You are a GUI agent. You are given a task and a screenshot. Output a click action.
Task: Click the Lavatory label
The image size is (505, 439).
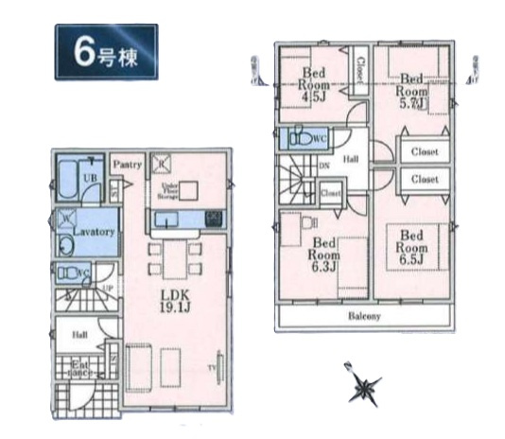94,232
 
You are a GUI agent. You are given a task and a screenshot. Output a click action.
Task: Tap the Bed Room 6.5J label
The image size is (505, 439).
410,245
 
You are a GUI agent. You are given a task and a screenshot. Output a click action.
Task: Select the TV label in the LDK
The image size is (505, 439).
213,367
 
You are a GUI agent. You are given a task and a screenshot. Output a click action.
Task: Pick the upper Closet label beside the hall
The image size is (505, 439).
423,151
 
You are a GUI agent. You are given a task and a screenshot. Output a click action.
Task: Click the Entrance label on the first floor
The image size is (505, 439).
80,367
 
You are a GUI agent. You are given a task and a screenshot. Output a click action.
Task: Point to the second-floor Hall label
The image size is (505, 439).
351,160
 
